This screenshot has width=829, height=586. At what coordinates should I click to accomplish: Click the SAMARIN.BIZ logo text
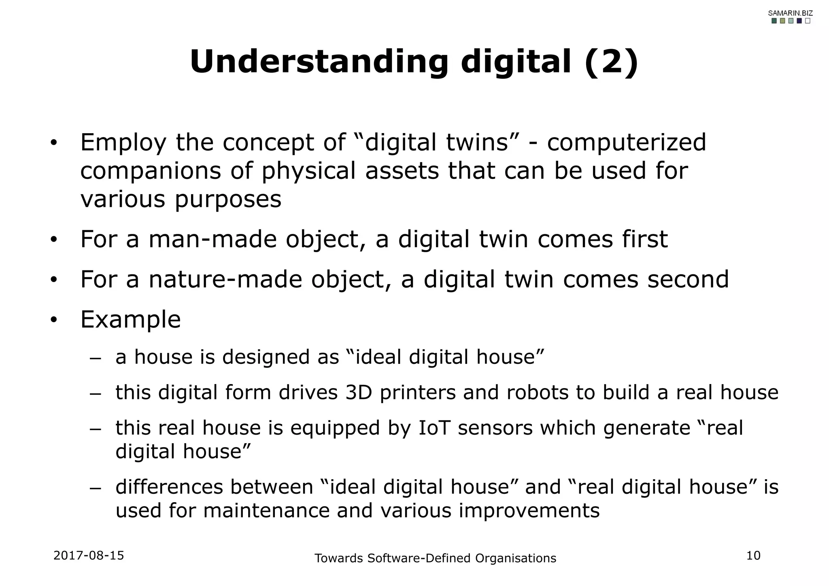790,13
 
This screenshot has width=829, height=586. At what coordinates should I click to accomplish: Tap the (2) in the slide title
611,62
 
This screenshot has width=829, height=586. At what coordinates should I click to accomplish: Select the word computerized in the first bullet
626,142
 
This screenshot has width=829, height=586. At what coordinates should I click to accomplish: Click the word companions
151,171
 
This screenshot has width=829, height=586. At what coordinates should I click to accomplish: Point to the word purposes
228,199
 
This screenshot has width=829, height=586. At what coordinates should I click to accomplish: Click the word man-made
213,239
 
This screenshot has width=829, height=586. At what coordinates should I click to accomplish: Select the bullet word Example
130,319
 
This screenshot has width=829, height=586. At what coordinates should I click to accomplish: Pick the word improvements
529,510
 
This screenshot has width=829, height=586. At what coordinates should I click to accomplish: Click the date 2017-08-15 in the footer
89,555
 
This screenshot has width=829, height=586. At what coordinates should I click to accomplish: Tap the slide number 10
753,556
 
